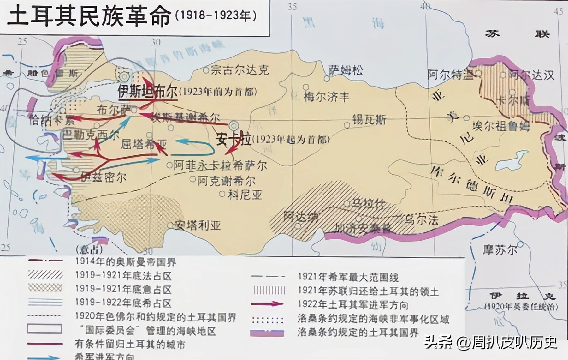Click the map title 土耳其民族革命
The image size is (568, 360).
pyautogui.click(x=88, y=16)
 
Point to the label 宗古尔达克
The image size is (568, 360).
pyautogui.click(x=240, y=70)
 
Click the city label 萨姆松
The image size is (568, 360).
pyautogui.click(x=346, y=70)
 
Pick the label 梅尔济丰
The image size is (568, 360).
pyautogui.click(x=326, y=96)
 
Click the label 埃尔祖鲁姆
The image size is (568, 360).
pyautogui.click(x=500, y=126)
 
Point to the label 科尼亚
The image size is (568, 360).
pyautogui.click(x=245, y=195)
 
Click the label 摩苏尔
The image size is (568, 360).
pyautogui.click(x=500, y=250)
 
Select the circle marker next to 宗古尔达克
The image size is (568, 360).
pyautogui.click(x=206, y=70)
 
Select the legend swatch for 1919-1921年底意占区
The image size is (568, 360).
pyautogui.click(x=45, y=288)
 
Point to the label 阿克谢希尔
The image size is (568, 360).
pyautogui.click(x=226, y=181)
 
